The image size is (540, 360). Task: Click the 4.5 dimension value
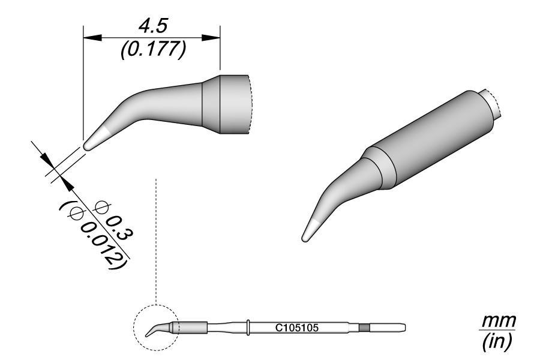pyautogui.click(x=152, y=26)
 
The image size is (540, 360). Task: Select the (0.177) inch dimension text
pyautogui.click(x=154, y=50)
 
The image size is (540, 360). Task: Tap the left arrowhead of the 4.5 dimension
pyautogui.click(x=93, y=38)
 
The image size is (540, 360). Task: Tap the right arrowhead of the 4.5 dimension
pyautogui.click(x=211, y=38)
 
